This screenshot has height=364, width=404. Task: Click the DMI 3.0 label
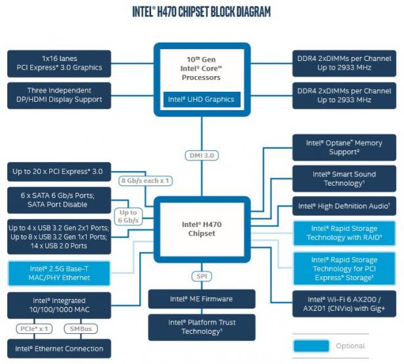pos(202,155)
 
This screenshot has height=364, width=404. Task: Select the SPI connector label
pos(202,275)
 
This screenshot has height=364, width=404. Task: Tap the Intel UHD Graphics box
pos(202,100)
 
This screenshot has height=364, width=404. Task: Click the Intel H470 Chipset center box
pos(202,228)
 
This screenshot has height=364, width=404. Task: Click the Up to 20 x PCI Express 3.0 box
pos(58,172)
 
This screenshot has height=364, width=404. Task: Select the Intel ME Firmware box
pos(201,299)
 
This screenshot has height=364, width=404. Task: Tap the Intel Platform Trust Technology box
pos(201,327)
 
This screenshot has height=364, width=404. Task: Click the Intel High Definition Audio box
pos(344,206)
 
